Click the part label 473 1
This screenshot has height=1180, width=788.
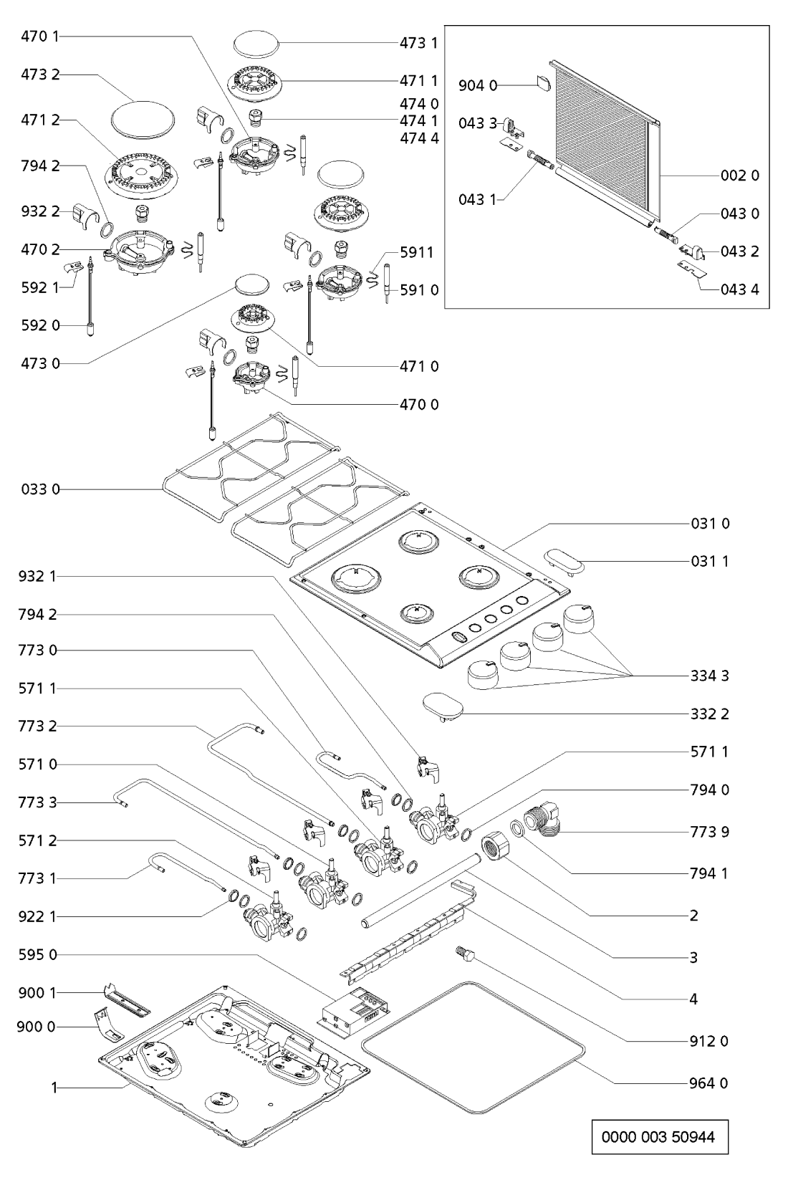tap(418, 43)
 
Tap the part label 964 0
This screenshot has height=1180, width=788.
tap(709, 1083)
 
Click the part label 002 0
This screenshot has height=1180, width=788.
tap(739, 176)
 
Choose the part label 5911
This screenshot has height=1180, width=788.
tap(419, 252)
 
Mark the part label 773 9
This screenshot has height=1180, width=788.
tap(709, 832)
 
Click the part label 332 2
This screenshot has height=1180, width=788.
tap(709, 714)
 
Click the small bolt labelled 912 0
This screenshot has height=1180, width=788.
tap(461, 953)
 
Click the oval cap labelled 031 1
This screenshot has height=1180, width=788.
tap(562, 562)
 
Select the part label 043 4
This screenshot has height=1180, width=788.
tap(739, 289)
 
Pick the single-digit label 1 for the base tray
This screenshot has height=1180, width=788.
tap(54, 1088)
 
